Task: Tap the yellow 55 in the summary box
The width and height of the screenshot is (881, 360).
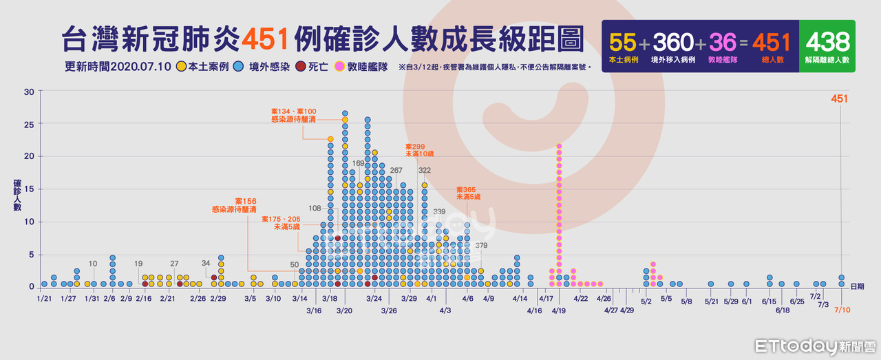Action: tap(622, 43)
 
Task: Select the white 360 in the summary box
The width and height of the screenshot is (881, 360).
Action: tap(672, 43)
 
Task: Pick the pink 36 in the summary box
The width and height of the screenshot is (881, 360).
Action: tap(723, 43)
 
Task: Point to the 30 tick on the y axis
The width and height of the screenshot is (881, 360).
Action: tap(28, 92)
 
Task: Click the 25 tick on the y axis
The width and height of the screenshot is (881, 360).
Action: tap(28, 124)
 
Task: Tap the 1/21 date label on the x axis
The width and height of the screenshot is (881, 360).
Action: tap(44, 299)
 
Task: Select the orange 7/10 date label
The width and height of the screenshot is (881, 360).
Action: tap(842, 310)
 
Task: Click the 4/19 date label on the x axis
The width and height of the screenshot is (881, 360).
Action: tap(559, 310)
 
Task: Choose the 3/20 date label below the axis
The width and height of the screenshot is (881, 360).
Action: tap(344, 310)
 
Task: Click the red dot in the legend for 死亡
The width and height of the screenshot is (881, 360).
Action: tap(300, 67)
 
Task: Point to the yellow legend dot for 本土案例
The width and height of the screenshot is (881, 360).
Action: tap(180, 67)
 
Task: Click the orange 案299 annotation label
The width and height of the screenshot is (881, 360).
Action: tap(415, 147)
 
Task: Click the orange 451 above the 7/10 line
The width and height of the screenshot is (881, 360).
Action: tap(839, 98)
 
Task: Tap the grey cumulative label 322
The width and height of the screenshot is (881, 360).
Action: tap(425, 170)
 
